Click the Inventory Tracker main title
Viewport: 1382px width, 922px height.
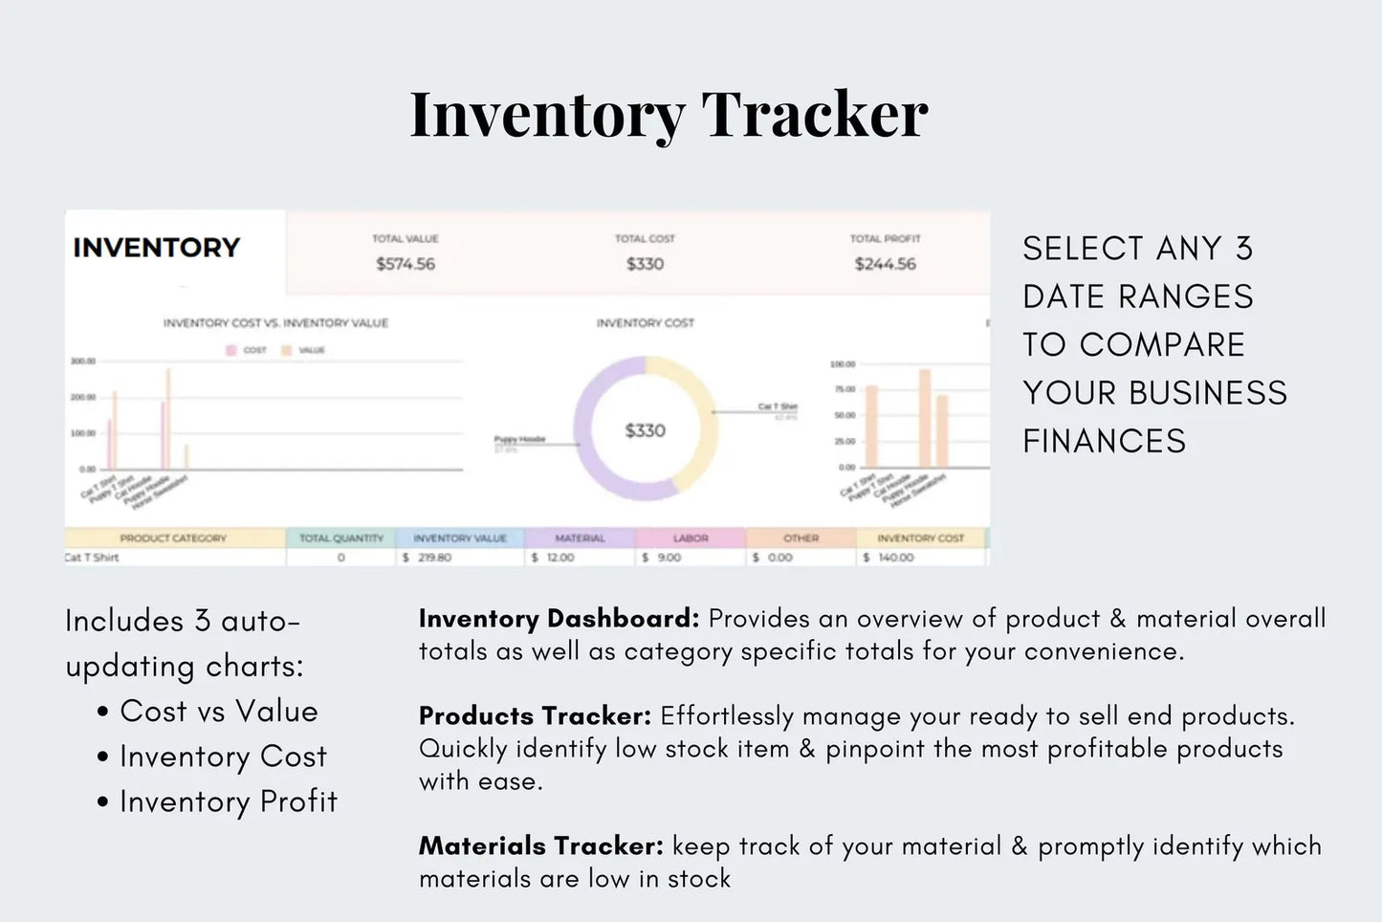(669, 115)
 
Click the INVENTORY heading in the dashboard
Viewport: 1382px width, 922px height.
(156, 248)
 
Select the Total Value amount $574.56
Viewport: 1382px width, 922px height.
(406, 264)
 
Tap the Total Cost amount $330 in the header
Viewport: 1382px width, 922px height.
(645, 264)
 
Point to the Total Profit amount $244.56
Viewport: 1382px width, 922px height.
(885, 264)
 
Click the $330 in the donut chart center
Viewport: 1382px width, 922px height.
(645, 430)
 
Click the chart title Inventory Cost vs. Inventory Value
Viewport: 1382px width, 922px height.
(275, 323)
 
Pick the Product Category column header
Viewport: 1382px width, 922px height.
(173, 538)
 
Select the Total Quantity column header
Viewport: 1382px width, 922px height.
(341, 538)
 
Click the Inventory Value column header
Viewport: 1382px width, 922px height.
(460, 538)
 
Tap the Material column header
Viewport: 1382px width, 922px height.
(580, 538)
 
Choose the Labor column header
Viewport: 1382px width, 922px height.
(691, 538)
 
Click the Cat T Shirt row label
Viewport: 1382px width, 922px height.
(93, 558)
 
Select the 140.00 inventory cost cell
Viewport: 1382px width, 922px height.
(895, 558)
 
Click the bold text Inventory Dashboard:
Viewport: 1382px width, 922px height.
(559, 619)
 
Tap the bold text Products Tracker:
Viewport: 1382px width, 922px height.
(535, 716)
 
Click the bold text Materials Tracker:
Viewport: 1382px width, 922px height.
(540, 846)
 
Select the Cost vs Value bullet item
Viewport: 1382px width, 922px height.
(218, 712)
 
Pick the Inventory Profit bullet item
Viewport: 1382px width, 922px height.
(228, 801)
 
